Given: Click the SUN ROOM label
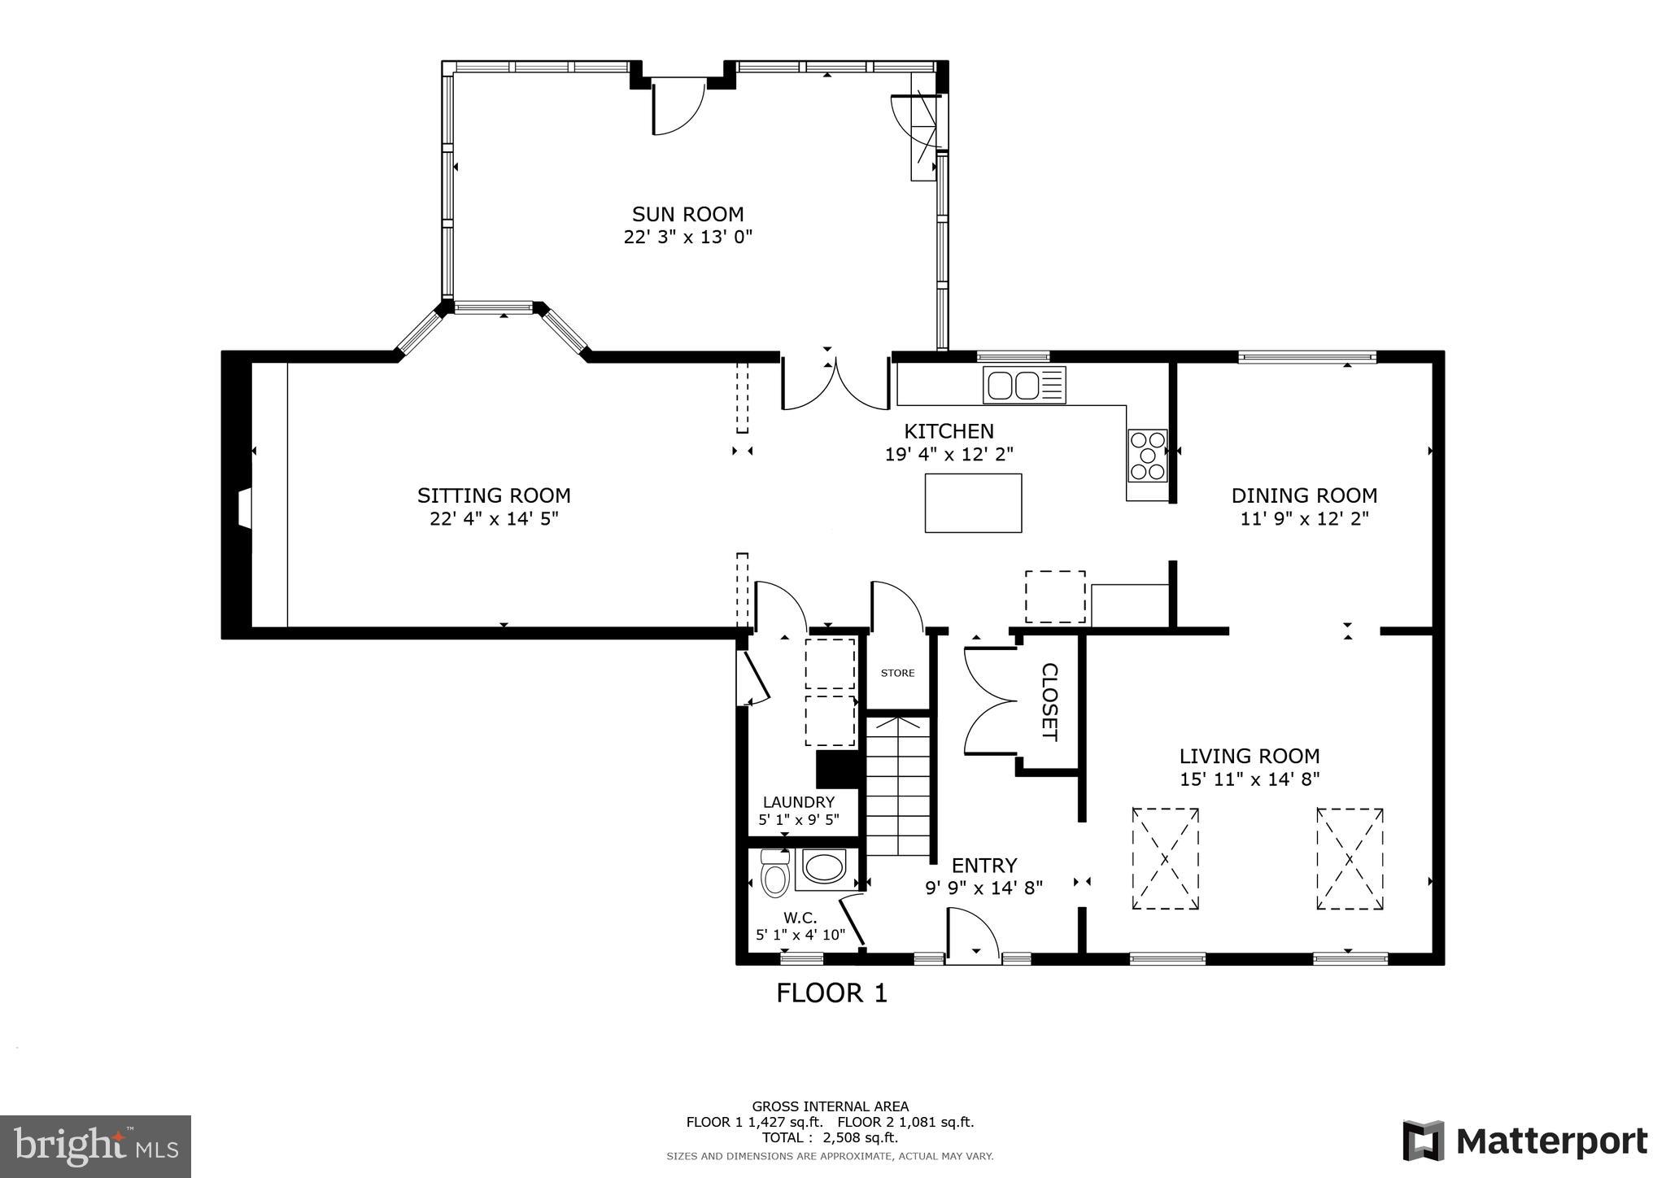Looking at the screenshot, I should point(687,215).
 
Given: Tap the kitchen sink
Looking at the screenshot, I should point(1023,385).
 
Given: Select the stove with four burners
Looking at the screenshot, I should point(1147,456).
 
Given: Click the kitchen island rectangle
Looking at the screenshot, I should point(973,503).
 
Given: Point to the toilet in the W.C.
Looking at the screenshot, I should point(774,875).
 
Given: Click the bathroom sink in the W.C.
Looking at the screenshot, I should point(824,868).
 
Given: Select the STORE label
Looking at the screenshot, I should point(897,673).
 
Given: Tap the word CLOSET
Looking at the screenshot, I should point(1049,701).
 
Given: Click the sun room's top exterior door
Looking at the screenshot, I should point(677,106).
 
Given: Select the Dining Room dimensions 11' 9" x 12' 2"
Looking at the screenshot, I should point(1304,518).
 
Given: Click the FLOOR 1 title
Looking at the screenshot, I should point(831,993).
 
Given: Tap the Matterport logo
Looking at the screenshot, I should point(1524,1141).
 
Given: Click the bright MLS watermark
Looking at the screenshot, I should point(95,1146).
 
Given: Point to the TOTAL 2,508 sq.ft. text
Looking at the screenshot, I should point(830,1137).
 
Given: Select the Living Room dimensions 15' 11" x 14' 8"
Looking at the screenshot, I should point(1249,779).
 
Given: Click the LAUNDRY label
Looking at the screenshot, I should point(798,802).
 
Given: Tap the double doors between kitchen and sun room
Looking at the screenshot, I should point(835,384).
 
